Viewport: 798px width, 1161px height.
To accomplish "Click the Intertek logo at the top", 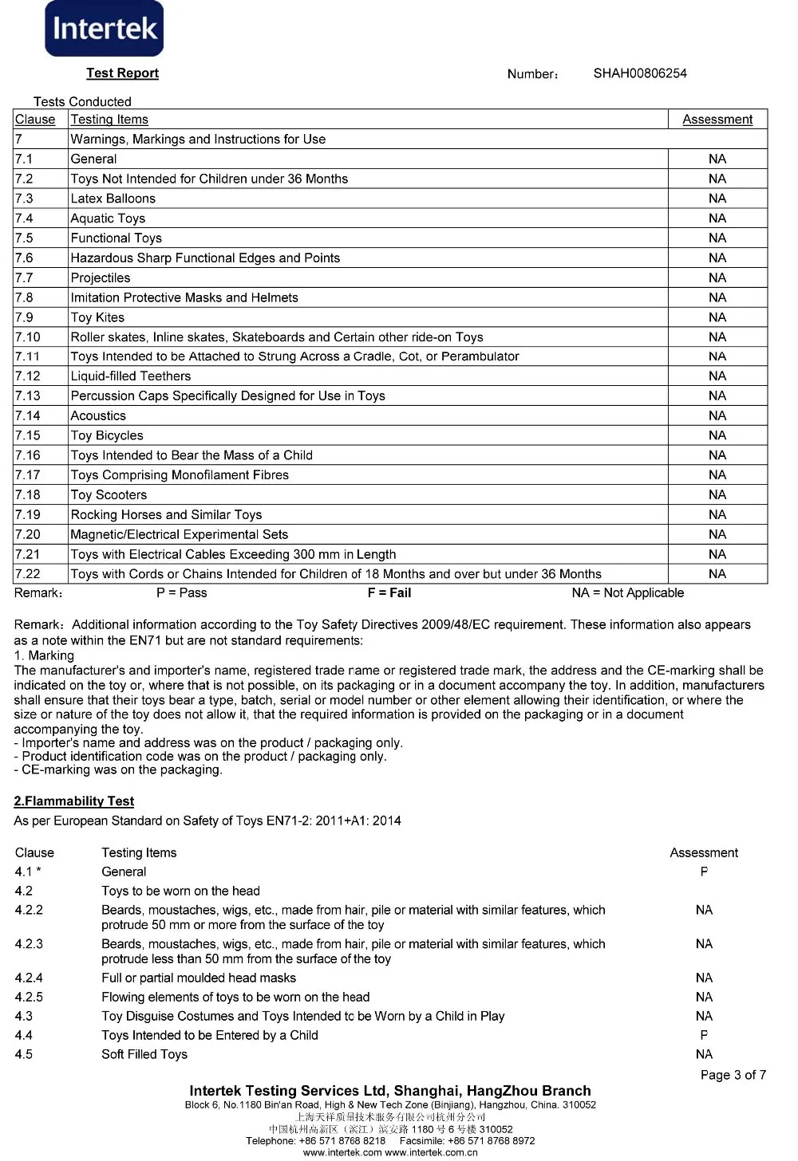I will pyautogui.click(x=105, y=30).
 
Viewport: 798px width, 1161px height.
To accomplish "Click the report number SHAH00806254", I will pyautogui.click(x=640, y=73).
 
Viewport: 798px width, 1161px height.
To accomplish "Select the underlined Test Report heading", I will pyautogui.click(x=123, y=73).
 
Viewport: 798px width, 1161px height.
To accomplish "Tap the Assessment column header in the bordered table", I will pyautogui.click(x=717, y=120).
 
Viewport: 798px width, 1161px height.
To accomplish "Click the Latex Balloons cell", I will pyautogui.click(x=113, y=199).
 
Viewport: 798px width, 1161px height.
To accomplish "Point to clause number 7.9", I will pyautogui.click(x=24, y=317).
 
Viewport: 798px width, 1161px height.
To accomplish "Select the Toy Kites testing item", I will pyautogui.click(x=97, y=317).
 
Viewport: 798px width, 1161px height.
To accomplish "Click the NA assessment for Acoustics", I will pyautogui.click(x=717, y=415).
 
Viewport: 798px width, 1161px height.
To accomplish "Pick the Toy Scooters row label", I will pyautogui.click(x=109, y=494).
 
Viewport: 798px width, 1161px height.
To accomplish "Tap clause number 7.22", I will pyautogui.click(x=27, y=574).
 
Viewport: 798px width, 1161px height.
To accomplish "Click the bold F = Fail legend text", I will pyautogui.click(x=389, y=593).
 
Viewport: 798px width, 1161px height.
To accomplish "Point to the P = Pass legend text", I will pyautogui.click(x=182, y=593).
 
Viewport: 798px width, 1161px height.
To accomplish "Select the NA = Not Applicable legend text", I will pyautogui.click(x=628, y=593).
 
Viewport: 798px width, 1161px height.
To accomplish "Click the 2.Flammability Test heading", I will pyautogui.click(x=74, y=801).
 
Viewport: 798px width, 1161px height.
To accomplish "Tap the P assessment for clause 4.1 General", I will pyautogui.click(x=704, y=872).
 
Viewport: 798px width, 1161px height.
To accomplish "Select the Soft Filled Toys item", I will pyautogui.click(x=144, y=1054).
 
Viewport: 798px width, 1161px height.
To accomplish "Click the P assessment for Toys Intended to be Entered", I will pyautogui.click(x=704, y=1035).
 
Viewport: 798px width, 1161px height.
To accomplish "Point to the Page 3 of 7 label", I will pyautogui.click(x=733, y=1075).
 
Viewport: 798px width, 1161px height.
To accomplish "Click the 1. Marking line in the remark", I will pyautogui.click(x=44, y=655).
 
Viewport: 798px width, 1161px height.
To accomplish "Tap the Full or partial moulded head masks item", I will pyautogui.click(x=199, y=978).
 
